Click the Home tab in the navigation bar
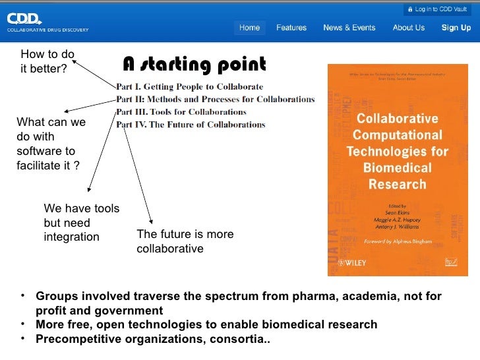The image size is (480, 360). (x=249, y=28)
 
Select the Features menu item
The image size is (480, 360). (x=291, y=28)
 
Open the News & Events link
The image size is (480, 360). (x=349, y=28)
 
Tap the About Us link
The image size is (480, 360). (x=408, y=28)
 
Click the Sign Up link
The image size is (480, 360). (x=456, y=28)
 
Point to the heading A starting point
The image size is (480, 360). (x=195, y=65)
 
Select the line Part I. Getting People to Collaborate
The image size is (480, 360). (x=190, y=87)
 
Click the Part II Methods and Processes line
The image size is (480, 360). (x=215, y=100)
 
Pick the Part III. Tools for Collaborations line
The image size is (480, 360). (x=181, y=112)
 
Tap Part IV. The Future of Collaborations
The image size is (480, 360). (x=191, y=125)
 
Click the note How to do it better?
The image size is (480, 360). (x=45, y=61)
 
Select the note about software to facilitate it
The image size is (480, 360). (x=50, y=144)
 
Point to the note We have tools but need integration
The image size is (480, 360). (x=81, y=222)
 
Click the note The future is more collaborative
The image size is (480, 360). (x=184, y=241)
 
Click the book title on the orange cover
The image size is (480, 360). (x=397, y=152)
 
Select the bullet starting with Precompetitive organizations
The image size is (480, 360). (x=152, y=340)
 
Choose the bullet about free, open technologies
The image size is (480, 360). (x=206, y=324)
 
